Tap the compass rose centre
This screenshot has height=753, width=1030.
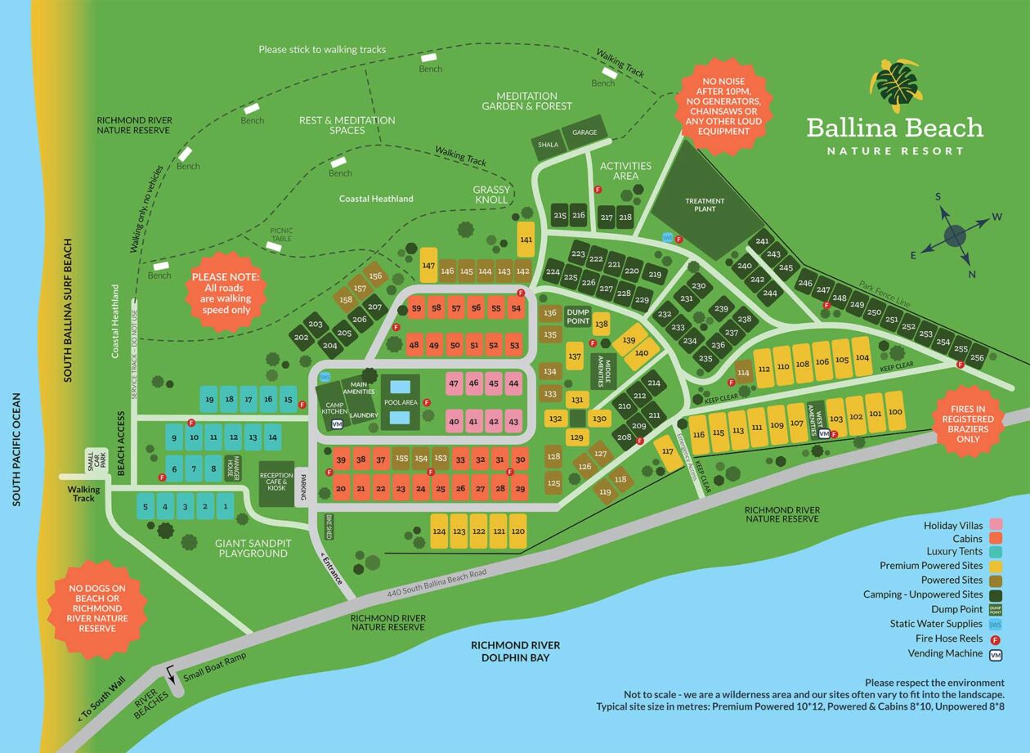tap(955, 236)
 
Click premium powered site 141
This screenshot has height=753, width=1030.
tap(526, 240)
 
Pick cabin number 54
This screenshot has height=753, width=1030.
tap(515, 308)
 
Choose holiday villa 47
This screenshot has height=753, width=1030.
tap(454, 383)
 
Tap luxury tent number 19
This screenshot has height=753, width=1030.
tap(210, 399)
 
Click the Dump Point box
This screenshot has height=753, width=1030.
tap(577, 316)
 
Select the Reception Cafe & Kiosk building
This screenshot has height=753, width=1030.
tap(276, 482)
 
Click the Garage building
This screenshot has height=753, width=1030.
tap(584, 132)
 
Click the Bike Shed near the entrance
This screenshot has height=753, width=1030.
tap(329, 527)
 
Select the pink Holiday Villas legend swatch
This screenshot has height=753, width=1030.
tap(996, 525)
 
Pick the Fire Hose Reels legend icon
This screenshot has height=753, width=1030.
tap(996, 639)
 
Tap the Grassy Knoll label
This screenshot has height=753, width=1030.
tap(491, 195)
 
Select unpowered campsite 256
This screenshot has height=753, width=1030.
tap(977, 358)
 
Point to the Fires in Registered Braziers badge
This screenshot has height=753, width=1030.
tap(968, 422)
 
